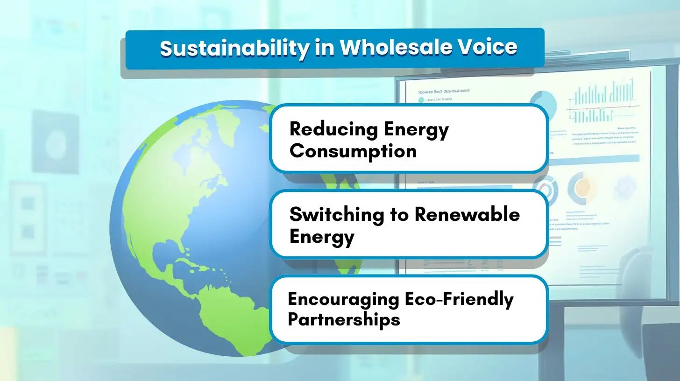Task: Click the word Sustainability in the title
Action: tap(234, 48)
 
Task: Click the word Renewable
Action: tap(467, 214)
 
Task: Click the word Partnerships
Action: tap(344, 320)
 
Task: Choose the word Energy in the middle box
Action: tap(322, 237)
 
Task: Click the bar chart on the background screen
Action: tap(602, 98)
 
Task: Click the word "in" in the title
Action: tap(322, 48)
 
